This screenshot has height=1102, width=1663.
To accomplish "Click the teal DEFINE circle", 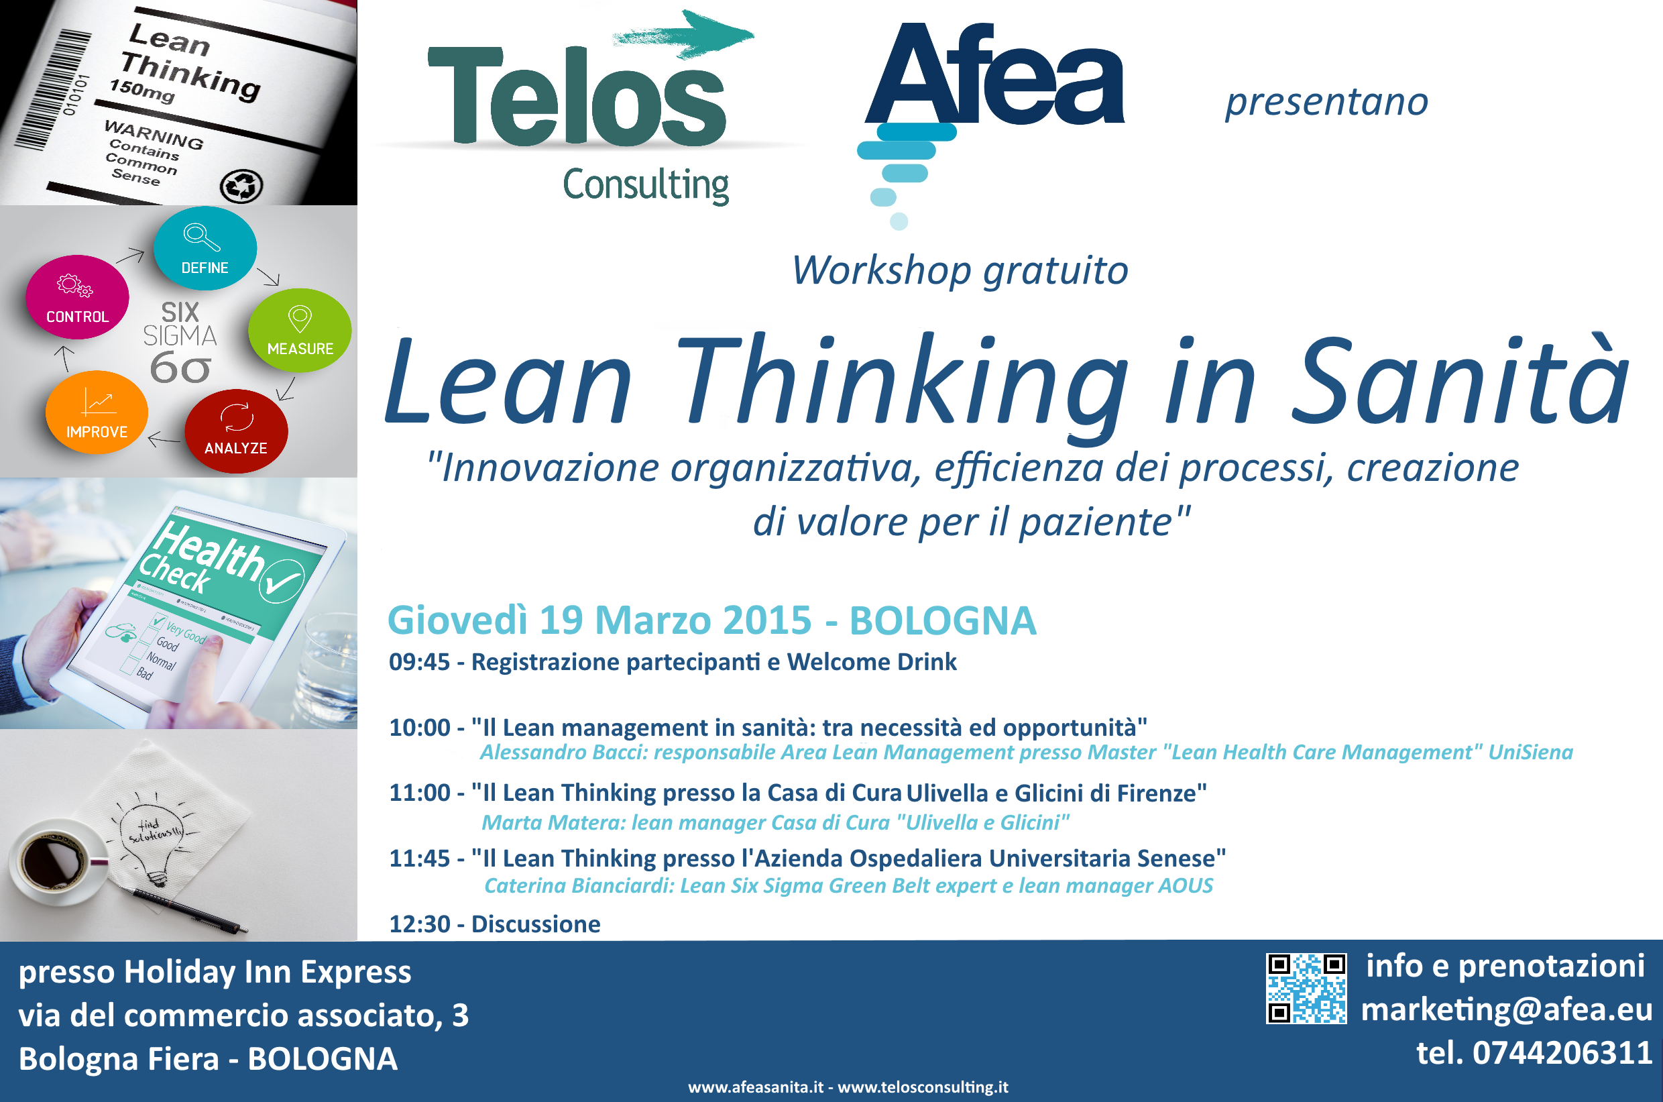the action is (205, 248).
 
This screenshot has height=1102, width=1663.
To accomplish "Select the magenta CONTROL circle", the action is (77, 297).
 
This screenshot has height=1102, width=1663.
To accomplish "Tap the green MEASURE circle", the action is (300, 330).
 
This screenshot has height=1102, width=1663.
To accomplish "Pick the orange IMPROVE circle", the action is (97, 412).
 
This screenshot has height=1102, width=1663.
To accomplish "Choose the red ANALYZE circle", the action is (236, 431).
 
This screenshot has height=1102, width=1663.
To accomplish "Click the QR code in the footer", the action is (1306, 988).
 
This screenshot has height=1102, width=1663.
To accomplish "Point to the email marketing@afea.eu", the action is (1506, 1009).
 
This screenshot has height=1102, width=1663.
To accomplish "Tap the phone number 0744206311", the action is (1562, 1053).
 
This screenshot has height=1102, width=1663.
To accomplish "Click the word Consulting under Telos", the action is (646, 186).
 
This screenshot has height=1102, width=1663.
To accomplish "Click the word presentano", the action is (1326, 103).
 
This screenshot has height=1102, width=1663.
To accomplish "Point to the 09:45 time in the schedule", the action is (420, 662).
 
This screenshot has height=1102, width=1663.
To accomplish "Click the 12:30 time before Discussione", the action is (420, 924).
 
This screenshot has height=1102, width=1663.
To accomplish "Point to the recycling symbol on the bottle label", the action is (241, 187).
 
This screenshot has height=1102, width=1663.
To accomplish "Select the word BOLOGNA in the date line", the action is (942, 620).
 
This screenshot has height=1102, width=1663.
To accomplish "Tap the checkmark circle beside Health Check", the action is (281, 582).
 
